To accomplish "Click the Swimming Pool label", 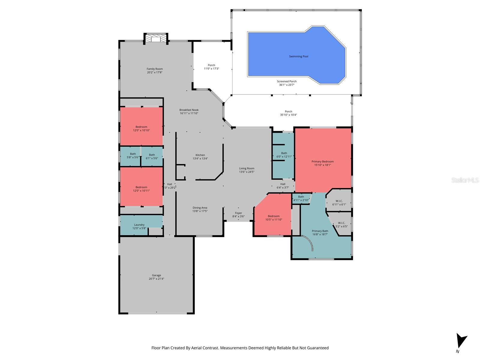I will (x=298, y=56).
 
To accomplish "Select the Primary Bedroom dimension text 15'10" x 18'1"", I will (x=322, y=165).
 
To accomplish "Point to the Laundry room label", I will (x=139, y=225).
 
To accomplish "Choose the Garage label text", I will (x=156, y=275).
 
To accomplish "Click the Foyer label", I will (x=238, y=213).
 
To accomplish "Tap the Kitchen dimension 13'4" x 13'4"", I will (x=200, y=159).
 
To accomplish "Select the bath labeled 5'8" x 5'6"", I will (x=133, y=156).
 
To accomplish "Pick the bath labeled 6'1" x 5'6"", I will (x=152, y=156).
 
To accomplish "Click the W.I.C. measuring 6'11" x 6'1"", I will (x=339, y=203).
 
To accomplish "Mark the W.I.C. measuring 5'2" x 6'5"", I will (x=341, y=225).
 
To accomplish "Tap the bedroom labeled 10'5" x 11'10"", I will (x=274, y=218).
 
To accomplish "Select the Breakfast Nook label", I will (x=189, y=110).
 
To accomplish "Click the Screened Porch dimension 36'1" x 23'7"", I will (x=287, y=85).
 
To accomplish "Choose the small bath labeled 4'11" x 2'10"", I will (x=301, y=199).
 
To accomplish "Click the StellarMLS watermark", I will (x=465, y=180).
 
